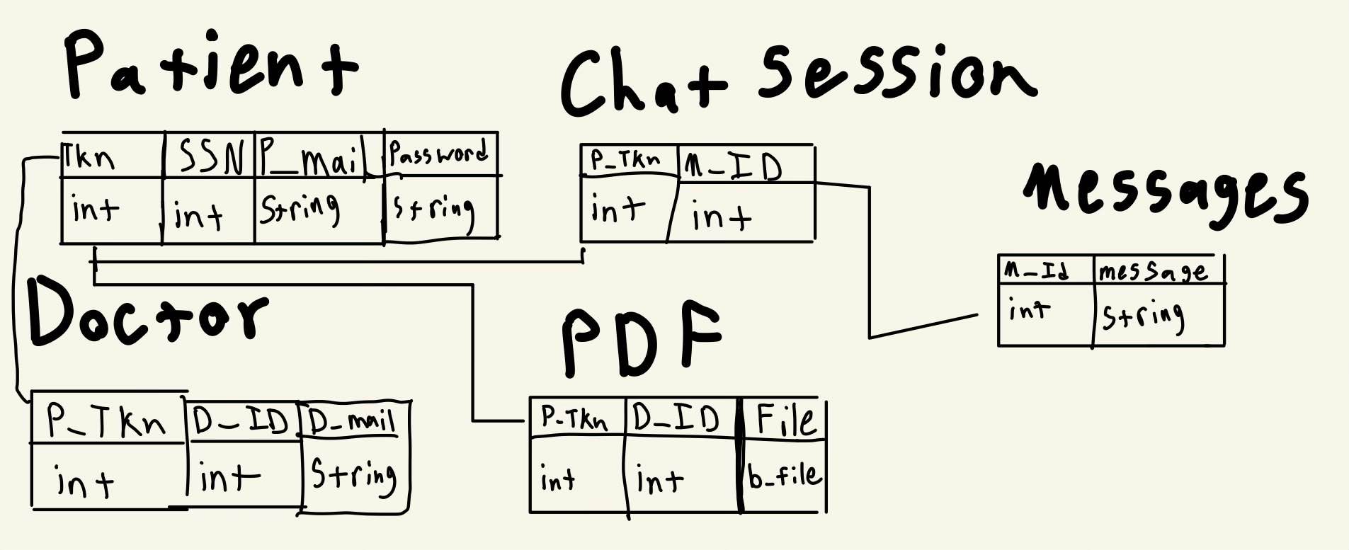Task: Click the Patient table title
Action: pyautogui.click(x=211, y=65)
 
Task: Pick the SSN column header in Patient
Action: pyautogui.click(x=210, y=156)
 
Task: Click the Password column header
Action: pyautogui.click(x=439, y=153)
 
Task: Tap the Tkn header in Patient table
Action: pyautogui.click(x=89, y=157)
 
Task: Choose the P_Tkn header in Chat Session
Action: pyautogui.click(x=625, y=161)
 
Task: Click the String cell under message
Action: pyautogui.click(x=1143, y=316)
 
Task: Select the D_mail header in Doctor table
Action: pyautogui.click(x=352, y=422)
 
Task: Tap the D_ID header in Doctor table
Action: pyautogui.click(x=241, y=421)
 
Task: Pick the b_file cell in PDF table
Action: pyautogui.click(x=785, y=476)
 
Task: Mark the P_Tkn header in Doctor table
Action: pyautogui.click(x=106, y=420)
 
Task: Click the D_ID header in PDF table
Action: pyautogui.click(x=676, y=418)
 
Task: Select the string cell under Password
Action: pyautogui.click(x=433, y=210)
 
